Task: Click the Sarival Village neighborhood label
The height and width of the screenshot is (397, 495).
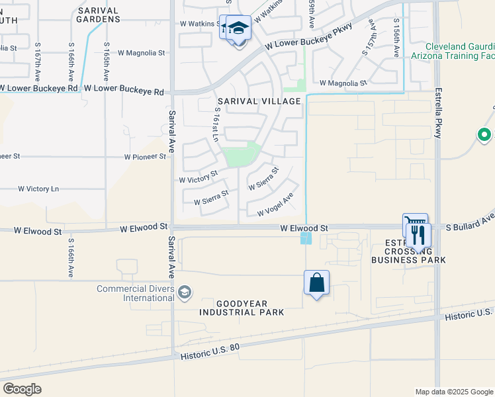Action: tap(257, 101)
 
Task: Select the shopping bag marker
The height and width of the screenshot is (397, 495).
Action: tap(317, 283)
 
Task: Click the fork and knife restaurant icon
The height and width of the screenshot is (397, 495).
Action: tap(418, 234)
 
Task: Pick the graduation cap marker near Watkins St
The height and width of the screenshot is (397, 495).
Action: tap(239, 29)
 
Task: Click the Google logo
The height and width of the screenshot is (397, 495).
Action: tap(22, 388)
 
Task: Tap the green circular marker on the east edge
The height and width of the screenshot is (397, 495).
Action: tap(484, 136)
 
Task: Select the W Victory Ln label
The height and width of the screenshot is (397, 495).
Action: tap(38, 189)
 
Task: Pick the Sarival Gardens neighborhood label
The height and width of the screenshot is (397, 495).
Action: tap(98, 15)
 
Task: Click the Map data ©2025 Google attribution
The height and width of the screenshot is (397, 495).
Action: tap(453, 392)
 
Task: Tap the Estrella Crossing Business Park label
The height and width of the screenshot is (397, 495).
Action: tap(409, 251)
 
